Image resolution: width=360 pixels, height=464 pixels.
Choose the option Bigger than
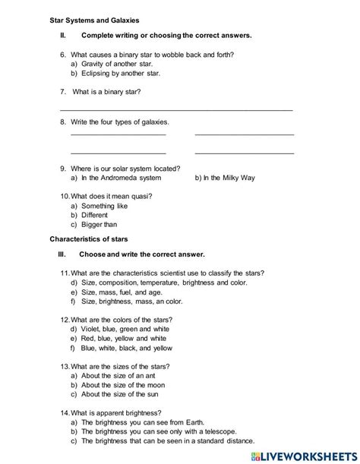tap(99, 225)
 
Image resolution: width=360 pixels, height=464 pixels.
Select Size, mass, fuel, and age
tap(122, 291)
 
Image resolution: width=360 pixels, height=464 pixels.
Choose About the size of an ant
tap(118, 376)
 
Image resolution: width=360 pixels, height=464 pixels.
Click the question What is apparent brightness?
tap(118, 413)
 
